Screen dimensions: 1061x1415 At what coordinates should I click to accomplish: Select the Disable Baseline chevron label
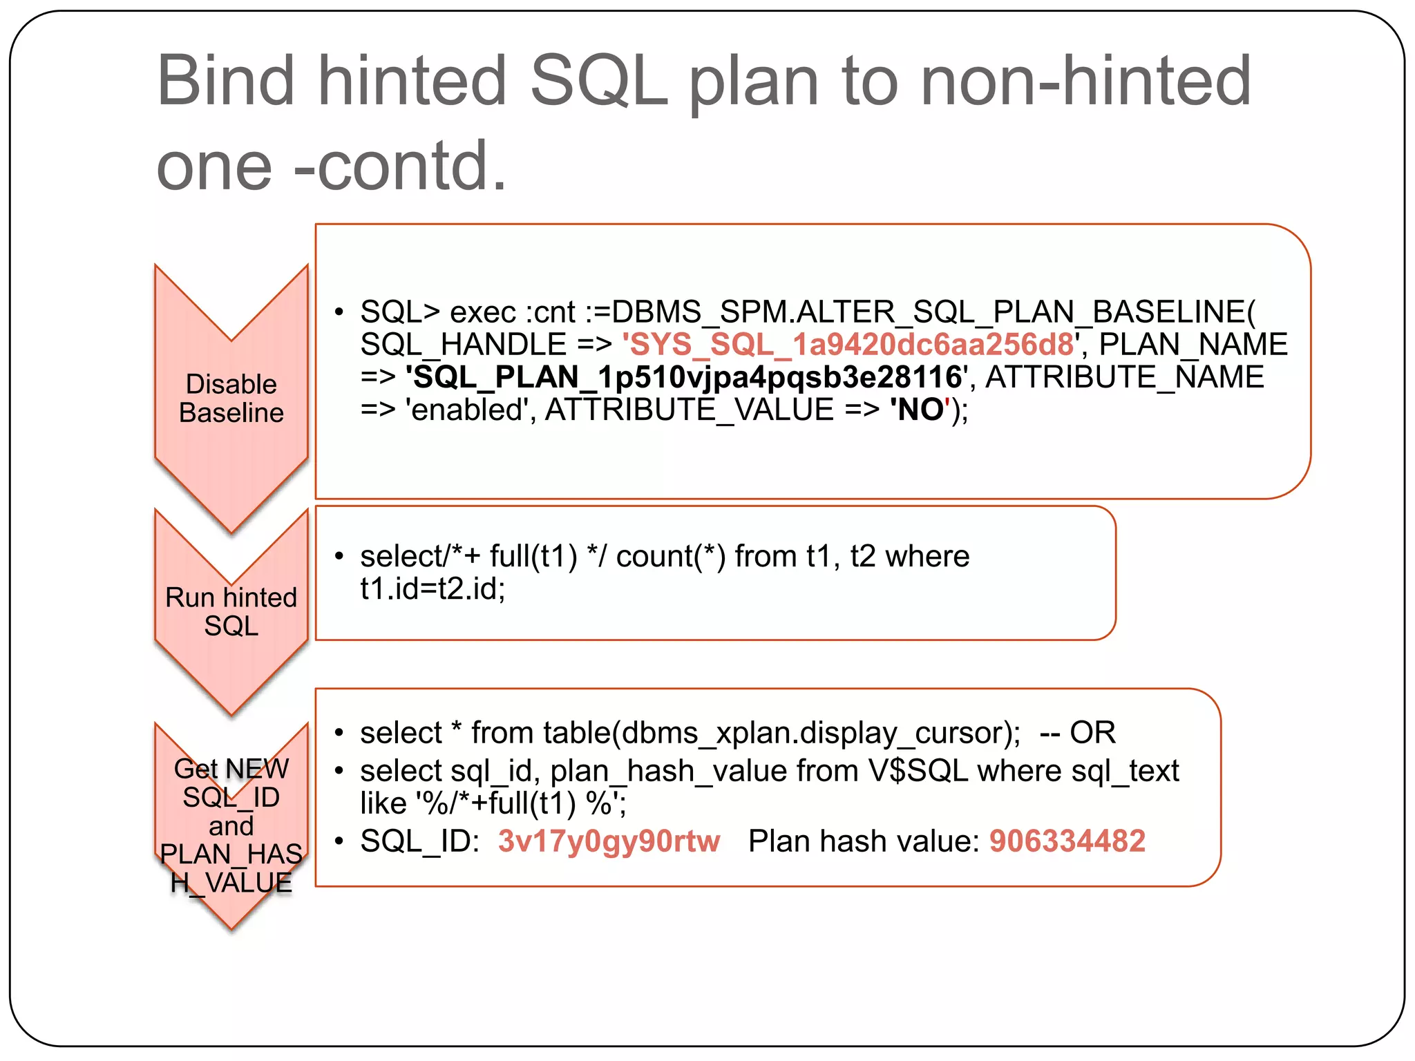(x=231, y=399)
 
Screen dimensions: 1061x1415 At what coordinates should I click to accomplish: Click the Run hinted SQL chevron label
(x=231, y=611)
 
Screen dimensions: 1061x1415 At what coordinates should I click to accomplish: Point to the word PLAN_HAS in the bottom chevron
(x=231, y=854)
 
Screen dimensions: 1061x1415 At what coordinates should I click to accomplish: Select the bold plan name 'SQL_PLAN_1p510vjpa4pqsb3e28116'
(x=687, y=377)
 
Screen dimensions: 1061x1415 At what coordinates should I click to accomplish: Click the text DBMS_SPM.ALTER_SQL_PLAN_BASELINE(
(x=933, y=312)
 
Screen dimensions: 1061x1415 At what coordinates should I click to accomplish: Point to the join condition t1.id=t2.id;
(x=433, y=589)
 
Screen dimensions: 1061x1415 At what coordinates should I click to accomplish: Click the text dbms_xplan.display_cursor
(x=816, y=733)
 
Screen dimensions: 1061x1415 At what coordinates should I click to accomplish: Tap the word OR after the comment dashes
(x=1092, y=733)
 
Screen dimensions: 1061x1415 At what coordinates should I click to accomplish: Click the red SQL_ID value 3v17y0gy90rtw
(x=609, y=841)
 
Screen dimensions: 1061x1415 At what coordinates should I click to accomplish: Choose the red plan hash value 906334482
(x=1067, y=841)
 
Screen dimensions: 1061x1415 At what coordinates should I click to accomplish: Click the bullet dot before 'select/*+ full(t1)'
(x=339, y=557)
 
